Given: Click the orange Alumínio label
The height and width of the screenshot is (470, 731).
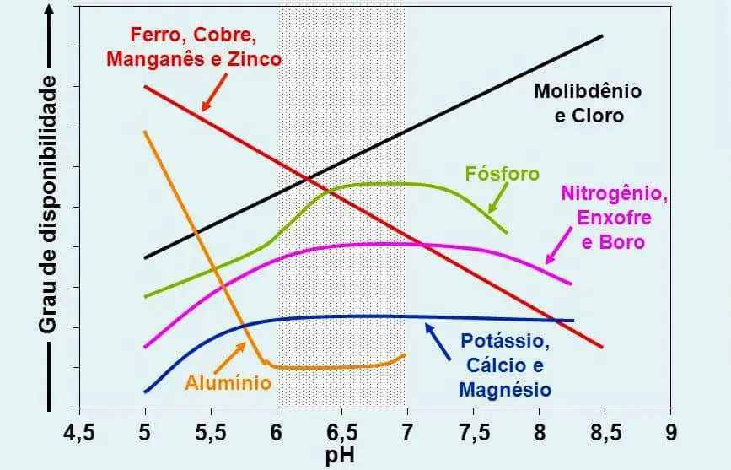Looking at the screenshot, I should coord(228,383).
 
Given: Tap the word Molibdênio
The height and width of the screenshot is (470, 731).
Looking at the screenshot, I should coord(588,91).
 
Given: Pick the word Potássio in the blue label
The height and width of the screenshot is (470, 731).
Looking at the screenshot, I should coord(506,343).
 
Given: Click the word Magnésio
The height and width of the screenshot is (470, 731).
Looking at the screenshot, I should coord(505,390).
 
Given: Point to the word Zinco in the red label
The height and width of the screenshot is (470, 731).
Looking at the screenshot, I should coord(250,60).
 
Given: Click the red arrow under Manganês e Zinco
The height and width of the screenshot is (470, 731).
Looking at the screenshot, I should coord(214,93).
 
